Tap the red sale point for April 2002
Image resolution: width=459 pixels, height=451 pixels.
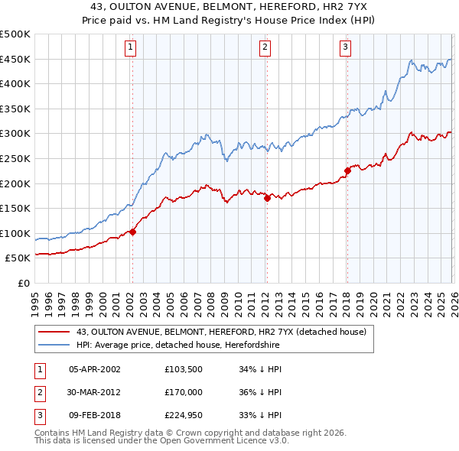[132, 232]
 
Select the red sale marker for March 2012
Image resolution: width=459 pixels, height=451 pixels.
[267, 198]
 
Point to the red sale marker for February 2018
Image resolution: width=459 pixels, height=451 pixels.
[347, 170]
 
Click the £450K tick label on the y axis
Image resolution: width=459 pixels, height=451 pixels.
[15, 59]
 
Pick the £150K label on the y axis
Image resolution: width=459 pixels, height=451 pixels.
[15, 208]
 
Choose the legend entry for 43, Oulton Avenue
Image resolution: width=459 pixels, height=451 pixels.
[222, 332]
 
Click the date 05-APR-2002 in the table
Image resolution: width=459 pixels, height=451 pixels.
[95, 369]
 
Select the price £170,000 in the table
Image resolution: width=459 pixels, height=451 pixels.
[184, 392]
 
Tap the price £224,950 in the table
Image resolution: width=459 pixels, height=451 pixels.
[184, 415]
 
